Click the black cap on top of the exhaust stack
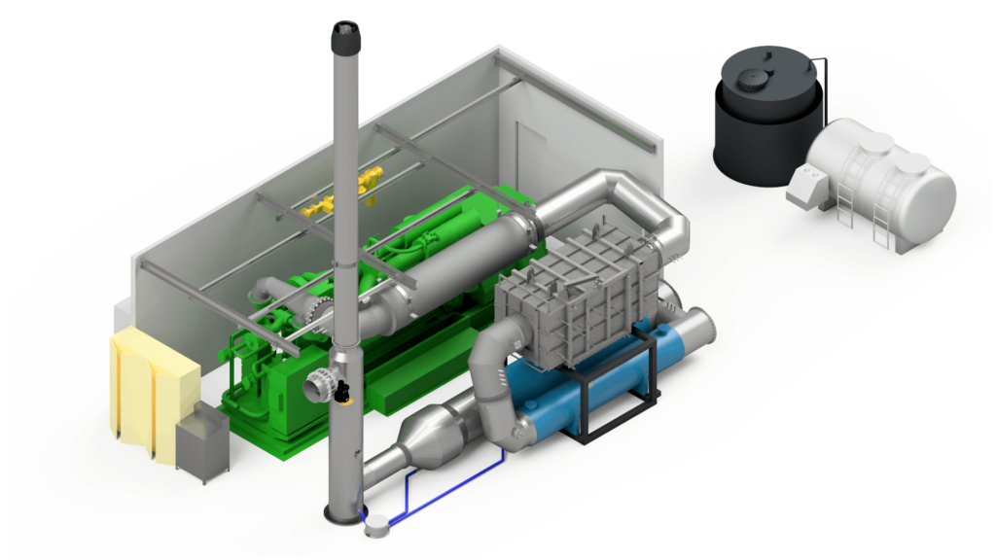345,38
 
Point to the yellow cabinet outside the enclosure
151,389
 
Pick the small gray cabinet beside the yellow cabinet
202,443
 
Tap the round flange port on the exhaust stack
318,387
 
